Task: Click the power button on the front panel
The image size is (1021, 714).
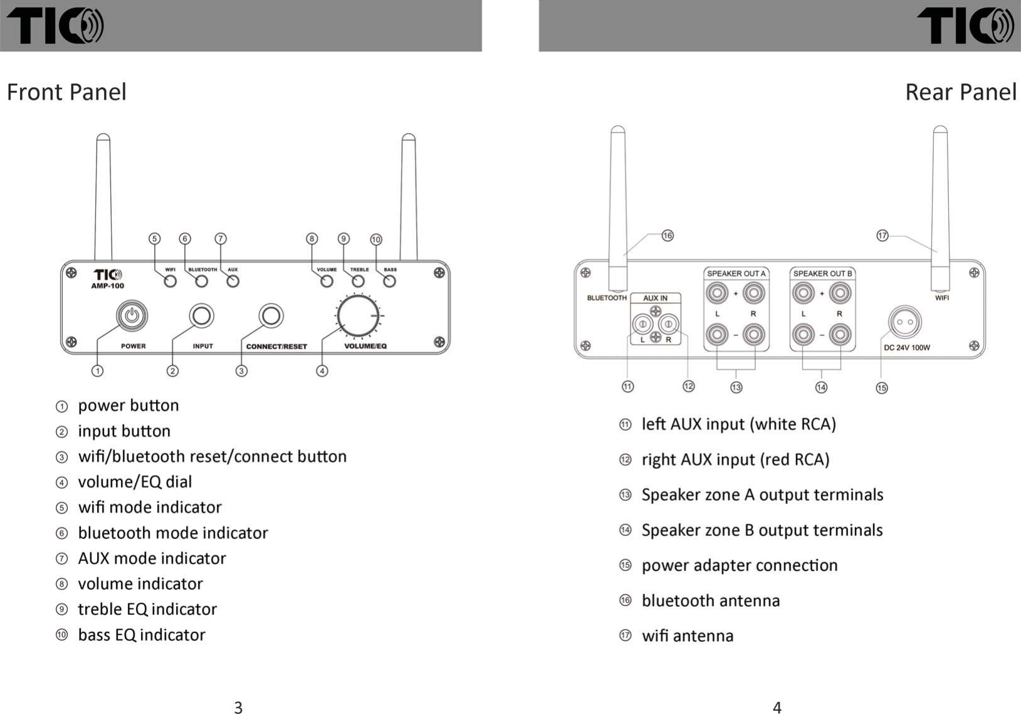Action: point(132,315)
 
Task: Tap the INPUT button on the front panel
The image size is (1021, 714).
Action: point(202,315)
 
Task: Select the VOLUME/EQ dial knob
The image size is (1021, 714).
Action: point(358,315)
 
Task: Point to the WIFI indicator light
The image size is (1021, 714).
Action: point(170,281)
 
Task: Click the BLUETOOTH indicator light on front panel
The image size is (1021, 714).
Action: point(201,281)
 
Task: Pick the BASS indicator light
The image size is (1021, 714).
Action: point(389,281)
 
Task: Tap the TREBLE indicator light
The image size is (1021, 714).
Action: point(358,281)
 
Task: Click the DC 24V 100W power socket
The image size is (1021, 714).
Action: point(905,323)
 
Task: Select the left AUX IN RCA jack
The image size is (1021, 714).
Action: point(642,324)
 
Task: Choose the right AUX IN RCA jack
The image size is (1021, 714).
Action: point(668,324)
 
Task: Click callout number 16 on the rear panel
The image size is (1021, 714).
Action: point(668,236)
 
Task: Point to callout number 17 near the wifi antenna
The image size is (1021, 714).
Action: point(882,236)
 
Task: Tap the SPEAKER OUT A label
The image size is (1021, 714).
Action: point(736,273)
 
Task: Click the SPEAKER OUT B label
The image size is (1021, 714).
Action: point(822,273)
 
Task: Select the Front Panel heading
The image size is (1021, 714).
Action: point(66,92)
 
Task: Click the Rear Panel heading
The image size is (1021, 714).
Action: point(960,92)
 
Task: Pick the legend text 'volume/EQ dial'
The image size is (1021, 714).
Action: point(135,482)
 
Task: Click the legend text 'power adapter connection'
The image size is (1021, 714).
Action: point(740,565)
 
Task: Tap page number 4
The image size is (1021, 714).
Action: point(777,707)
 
